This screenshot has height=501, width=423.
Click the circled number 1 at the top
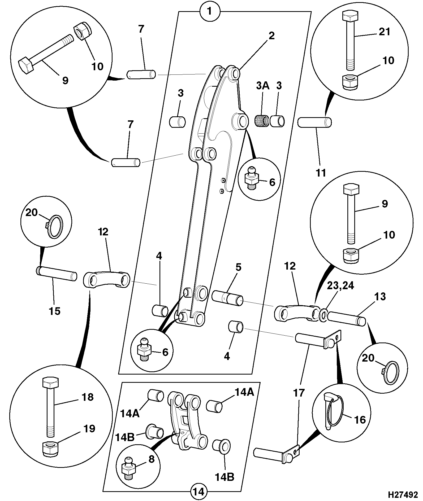click(210, 12)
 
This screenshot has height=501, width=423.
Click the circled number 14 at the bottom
click(198, 491)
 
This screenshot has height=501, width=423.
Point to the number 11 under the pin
click(321, 173)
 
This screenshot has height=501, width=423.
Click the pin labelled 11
click(315, 122)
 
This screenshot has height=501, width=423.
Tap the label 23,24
click(340, 286)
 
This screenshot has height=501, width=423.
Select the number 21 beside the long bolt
click(384, 32)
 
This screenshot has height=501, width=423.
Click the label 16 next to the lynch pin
click(360, 420)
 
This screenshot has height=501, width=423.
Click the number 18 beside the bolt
click(87, 397)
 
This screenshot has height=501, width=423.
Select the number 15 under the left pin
click(54, 311)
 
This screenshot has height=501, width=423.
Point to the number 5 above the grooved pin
click(238, 267)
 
